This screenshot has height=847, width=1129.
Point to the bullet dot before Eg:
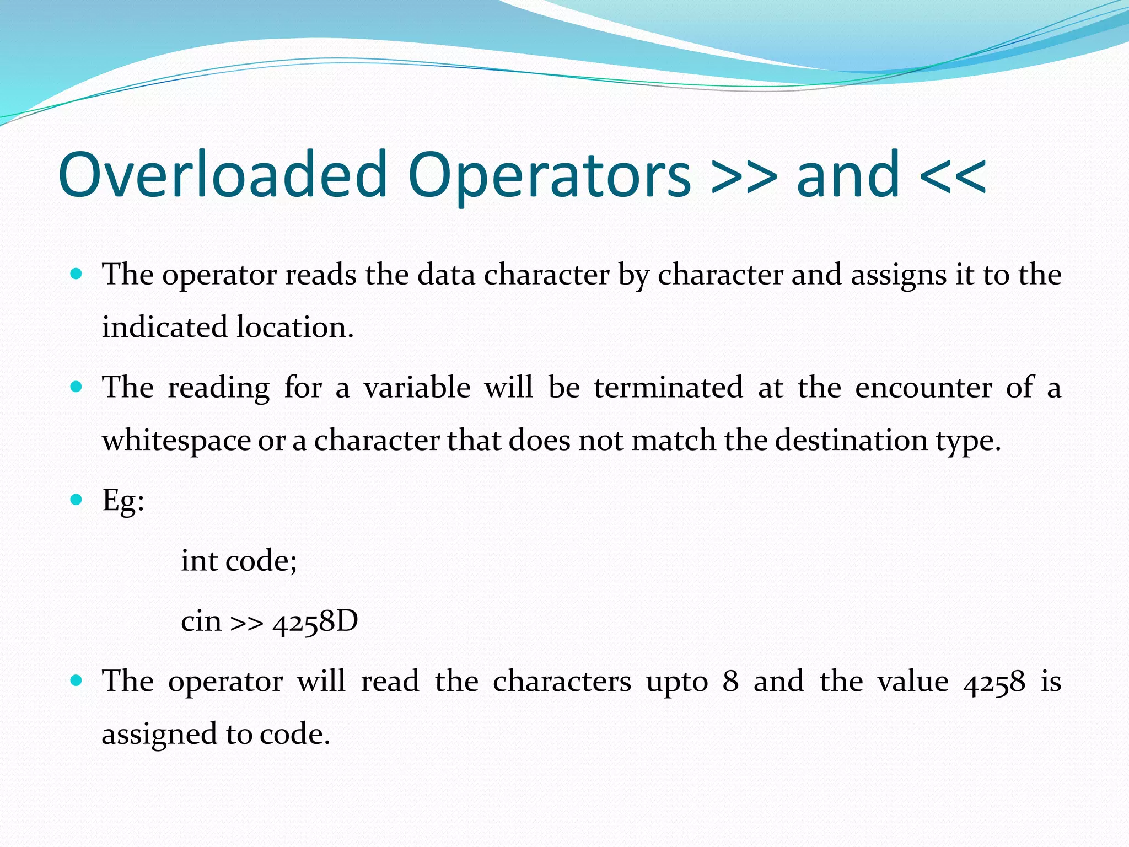click(x=77, y=500)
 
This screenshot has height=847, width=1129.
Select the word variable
click(x=417, y=387)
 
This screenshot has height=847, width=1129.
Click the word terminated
click(x=668, y=387)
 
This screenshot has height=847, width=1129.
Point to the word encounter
click(x=923, y=387)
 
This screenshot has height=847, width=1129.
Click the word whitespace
click(x=176, y=441)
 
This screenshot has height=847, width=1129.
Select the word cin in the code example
click(x=201, y=621)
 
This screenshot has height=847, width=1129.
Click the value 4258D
click(x=315, y=621)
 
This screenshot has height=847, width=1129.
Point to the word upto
click(x=677, y=682)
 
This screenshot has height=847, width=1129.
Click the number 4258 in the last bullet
click(x=994, y=682)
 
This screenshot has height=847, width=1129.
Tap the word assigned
click(x=159, y=735)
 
